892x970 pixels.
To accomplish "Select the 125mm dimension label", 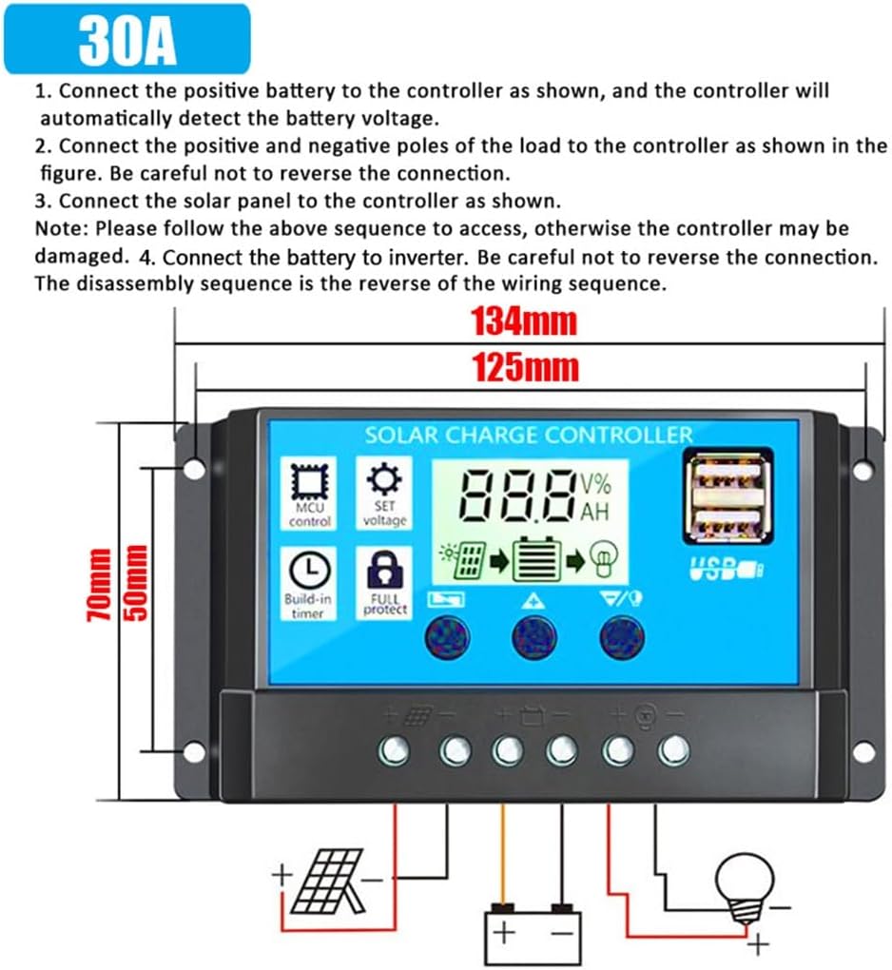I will [525, 367].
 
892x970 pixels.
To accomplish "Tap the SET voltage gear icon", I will [385, 479].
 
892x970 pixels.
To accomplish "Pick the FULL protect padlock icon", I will [385, 571].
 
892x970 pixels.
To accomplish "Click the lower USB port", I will [727, 520].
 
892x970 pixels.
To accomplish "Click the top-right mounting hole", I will [863, 469].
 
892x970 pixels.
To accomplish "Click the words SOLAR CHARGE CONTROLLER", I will [529, 436].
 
